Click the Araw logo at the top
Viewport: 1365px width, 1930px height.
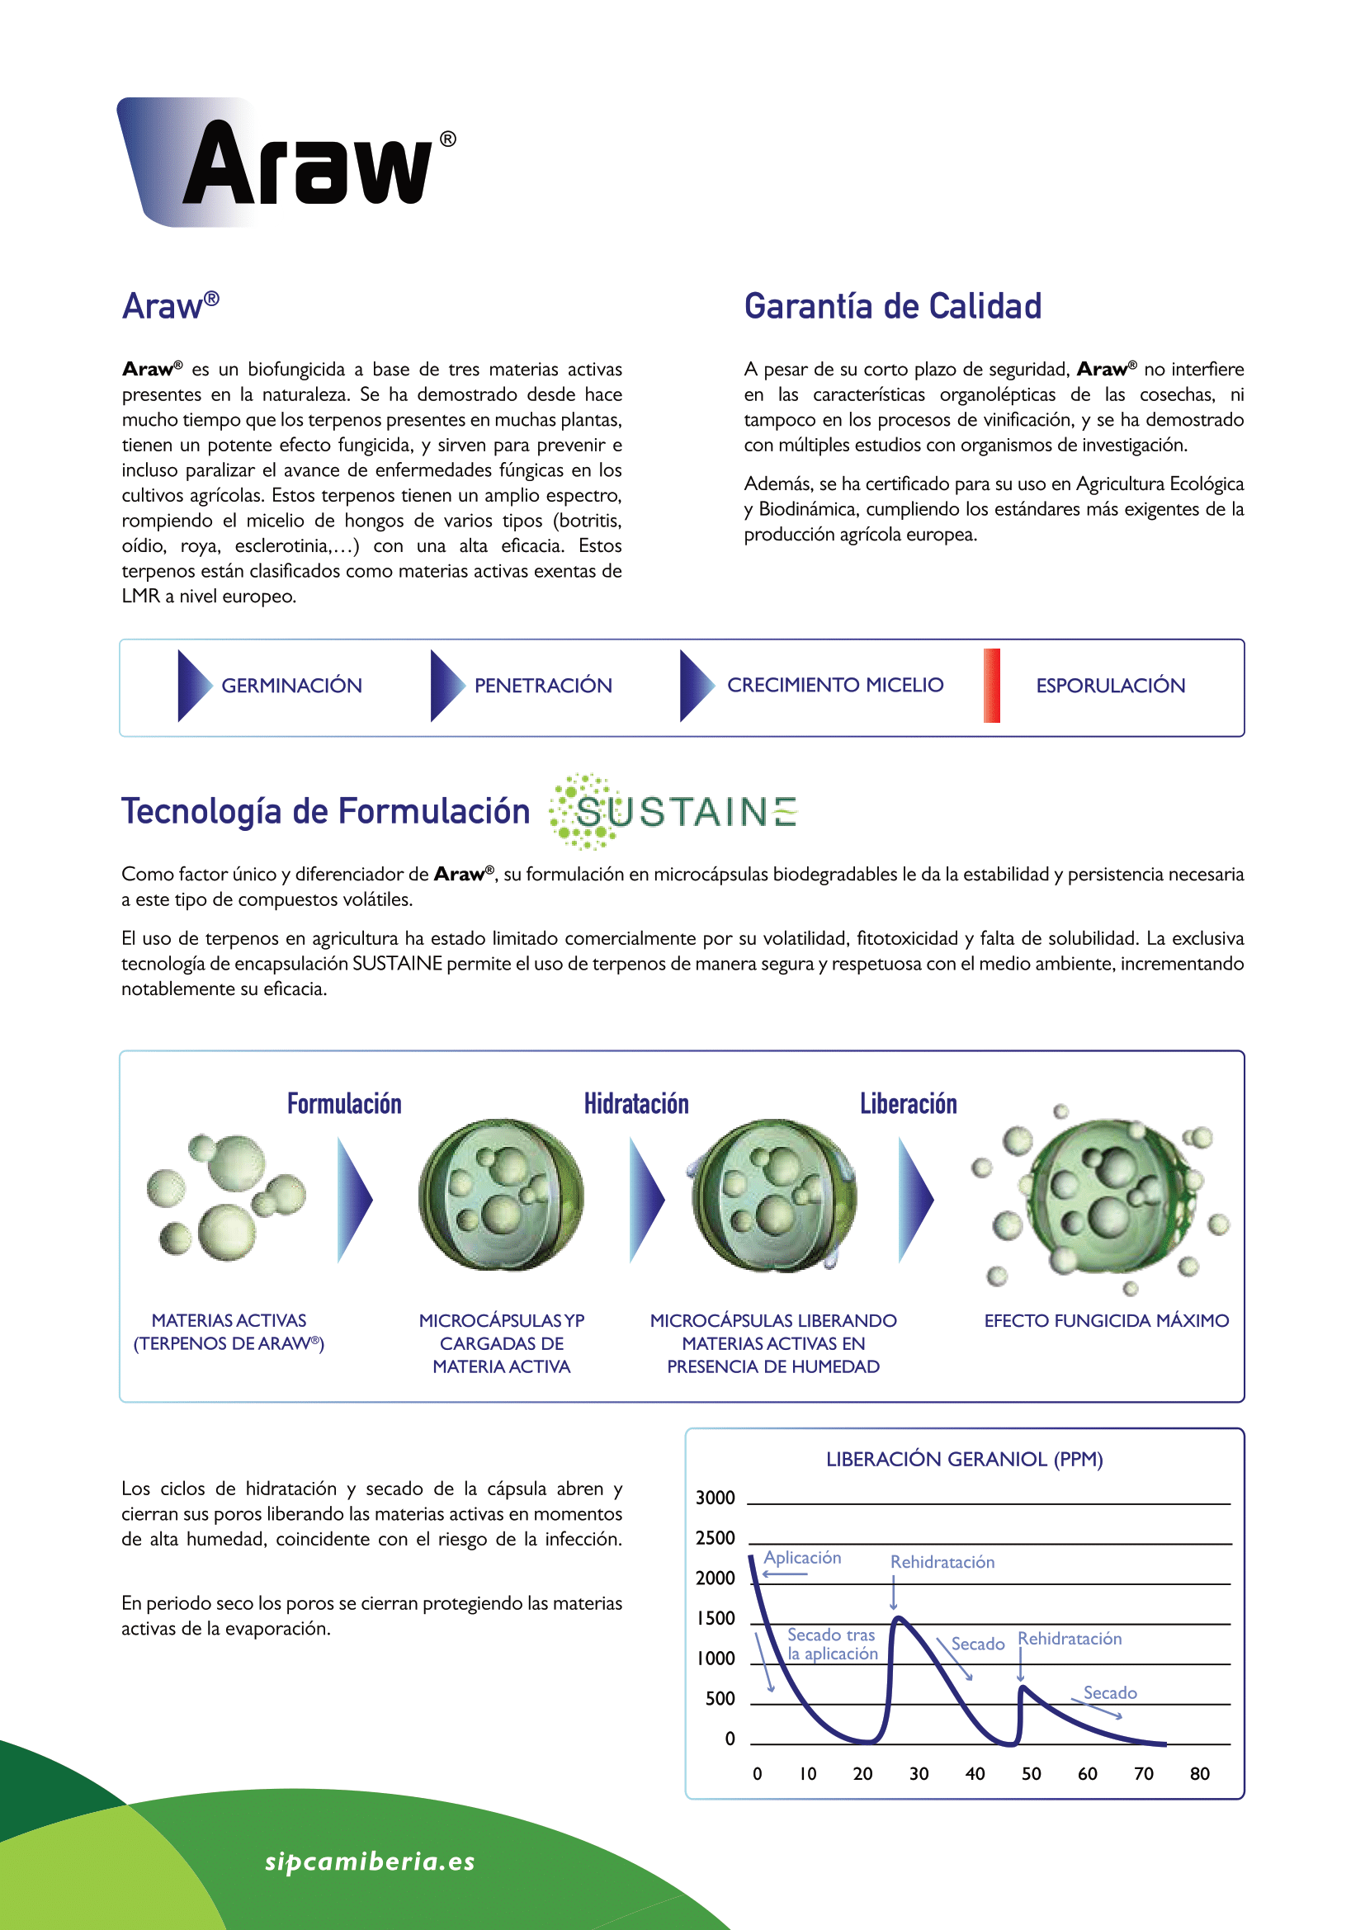pyautogui.click(x=286, y=163)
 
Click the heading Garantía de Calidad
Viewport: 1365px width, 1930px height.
pyautogui.click(x=893, y=306)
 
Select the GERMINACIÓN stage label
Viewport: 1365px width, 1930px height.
pyautogui.click(x=291, y=686)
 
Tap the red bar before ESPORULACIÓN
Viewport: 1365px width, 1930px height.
pyautogui.click(x=992, y=686)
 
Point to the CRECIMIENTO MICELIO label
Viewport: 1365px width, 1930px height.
pyautogui.click(x=834, y=685)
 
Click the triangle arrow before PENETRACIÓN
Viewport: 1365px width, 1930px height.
pyautogui.click(x=446, y=686)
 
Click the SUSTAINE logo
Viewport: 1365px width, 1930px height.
pyautogui.click(x=673, y=812)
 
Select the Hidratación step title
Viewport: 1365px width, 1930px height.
pyautogui.click(x=636, y=1104)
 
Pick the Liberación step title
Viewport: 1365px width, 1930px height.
pyautogui.click(x=908, y=1104)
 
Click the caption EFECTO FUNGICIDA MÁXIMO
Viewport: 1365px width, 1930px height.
pyautogui.click(x=1106, y=1320)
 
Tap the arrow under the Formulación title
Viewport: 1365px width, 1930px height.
pyautogui.click(x=355, y=1200)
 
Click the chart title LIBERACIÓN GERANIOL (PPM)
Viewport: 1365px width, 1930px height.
pyautogui.click(x=964, y=1460)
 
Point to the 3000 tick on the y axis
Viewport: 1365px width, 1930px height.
pyautogui.click(x=716, y=1498)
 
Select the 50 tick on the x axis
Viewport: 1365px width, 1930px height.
pyautogui.click(x=1032, y=1774)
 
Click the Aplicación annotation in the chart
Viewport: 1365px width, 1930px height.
pyautogui.click(x=802, y=1558)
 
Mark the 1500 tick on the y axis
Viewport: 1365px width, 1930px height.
pyautogui.click(x=716, y=1618)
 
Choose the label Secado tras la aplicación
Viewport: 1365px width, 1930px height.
pyautogui.click(x=832, y=1645)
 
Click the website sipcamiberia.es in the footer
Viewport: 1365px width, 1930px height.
pyautogui.click(x=370, y=1861)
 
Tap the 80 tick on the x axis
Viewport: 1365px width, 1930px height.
pyautogui.click(x=1199, y=1774)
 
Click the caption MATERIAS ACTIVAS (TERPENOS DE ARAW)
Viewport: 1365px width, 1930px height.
pyautogui.click(x=229, y=1332)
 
